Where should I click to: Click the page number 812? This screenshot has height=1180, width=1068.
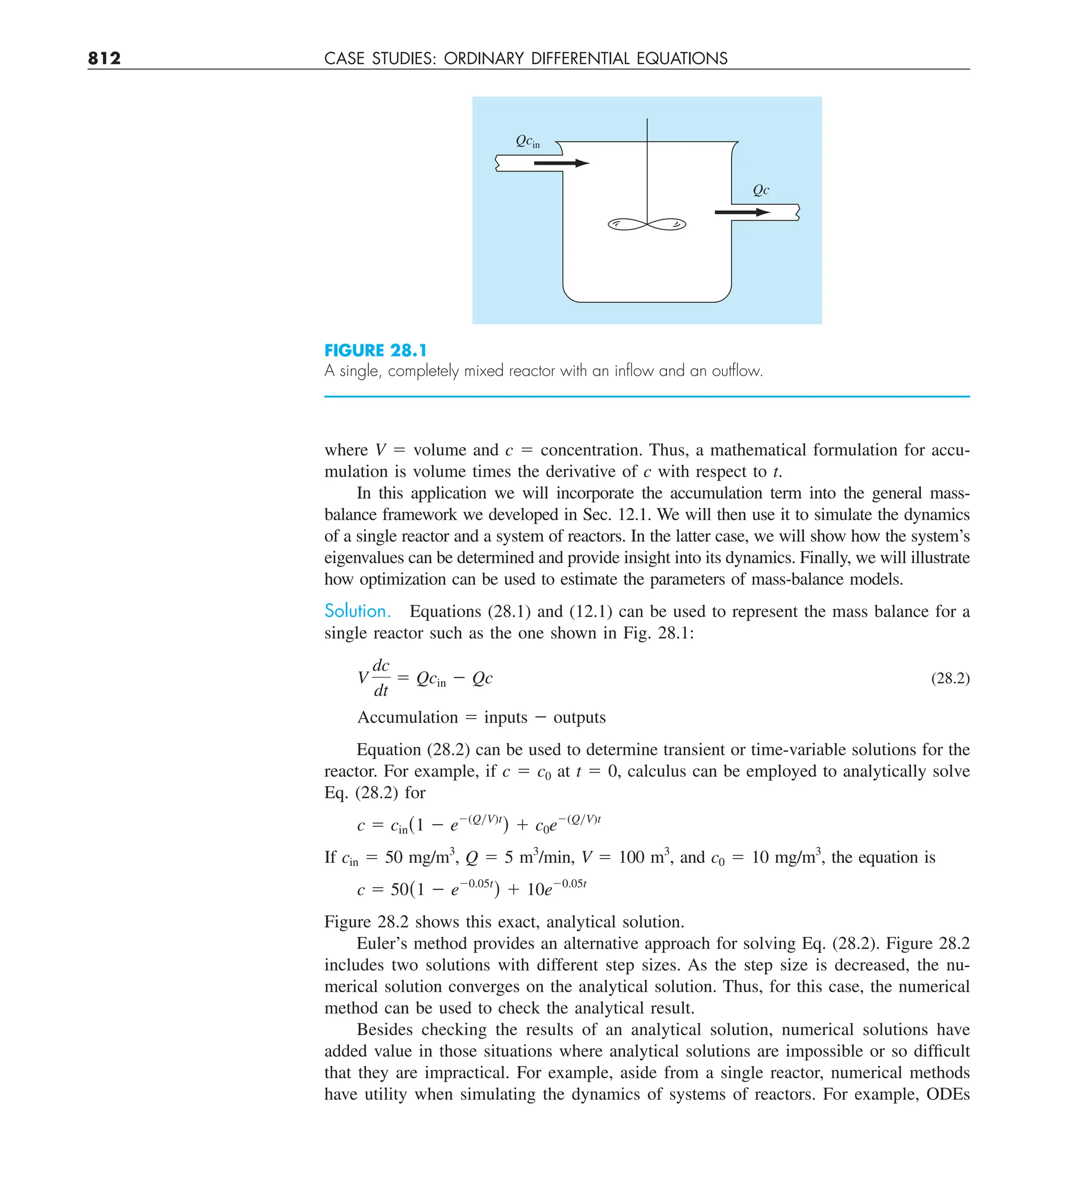104,58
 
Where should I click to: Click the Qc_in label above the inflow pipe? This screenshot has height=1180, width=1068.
527,141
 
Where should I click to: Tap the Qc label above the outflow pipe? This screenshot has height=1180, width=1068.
760,190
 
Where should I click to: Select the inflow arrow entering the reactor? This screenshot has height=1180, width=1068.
561,163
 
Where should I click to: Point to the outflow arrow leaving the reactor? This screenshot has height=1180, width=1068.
742,212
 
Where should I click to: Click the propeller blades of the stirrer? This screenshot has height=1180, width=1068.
647,224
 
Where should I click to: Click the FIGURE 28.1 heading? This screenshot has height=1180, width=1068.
375,351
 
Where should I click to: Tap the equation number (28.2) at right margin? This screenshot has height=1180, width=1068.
950,678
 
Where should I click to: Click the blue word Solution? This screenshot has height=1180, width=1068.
357,611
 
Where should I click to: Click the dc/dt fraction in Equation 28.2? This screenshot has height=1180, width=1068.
381,678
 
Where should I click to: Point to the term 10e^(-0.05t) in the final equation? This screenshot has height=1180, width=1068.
556,888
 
